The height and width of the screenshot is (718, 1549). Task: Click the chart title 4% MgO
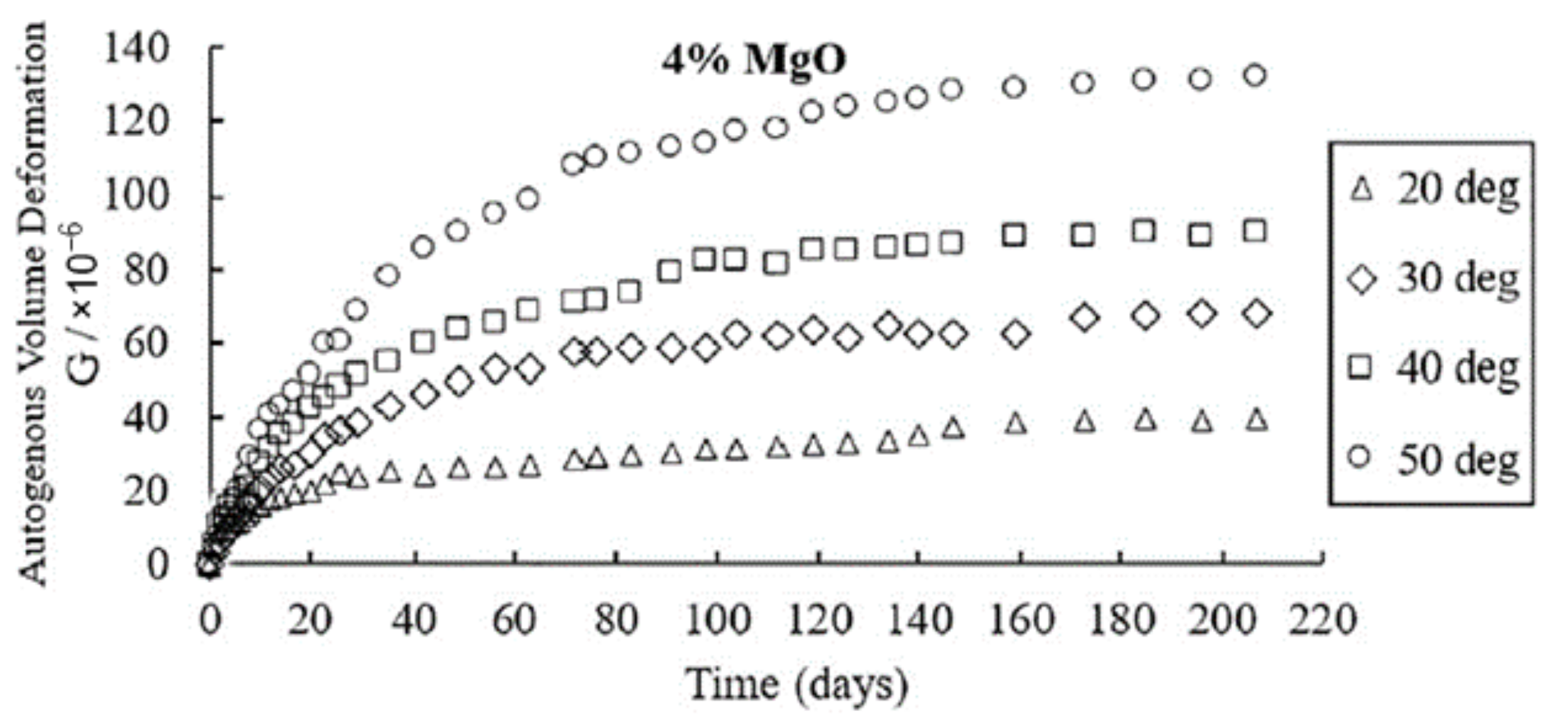754,61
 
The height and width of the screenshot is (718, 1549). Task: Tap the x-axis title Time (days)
797,683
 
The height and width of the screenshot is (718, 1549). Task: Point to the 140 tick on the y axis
136,49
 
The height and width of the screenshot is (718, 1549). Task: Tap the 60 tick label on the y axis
145,344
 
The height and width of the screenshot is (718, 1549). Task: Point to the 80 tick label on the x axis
616,620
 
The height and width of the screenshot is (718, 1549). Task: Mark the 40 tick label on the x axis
415,620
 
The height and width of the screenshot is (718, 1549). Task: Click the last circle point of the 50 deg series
1256,76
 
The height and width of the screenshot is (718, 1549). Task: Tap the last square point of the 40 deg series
1256,231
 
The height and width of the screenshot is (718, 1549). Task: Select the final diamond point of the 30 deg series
1256,314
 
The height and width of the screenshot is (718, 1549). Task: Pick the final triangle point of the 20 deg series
1258,420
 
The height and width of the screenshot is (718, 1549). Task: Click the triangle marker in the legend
1361,190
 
